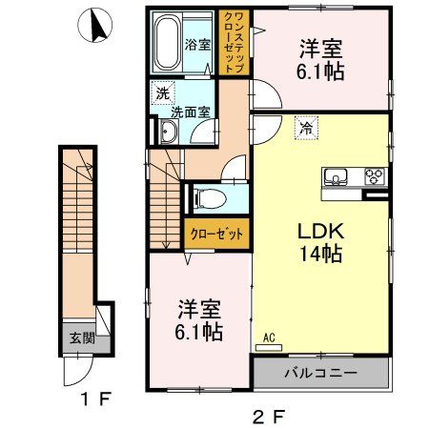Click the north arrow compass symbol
96,26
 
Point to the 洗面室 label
188,112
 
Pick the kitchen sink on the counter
338,176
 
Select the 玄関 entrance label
80,337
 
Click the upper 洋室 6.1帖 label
320,60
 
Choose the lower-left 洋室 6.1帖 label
200,319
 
